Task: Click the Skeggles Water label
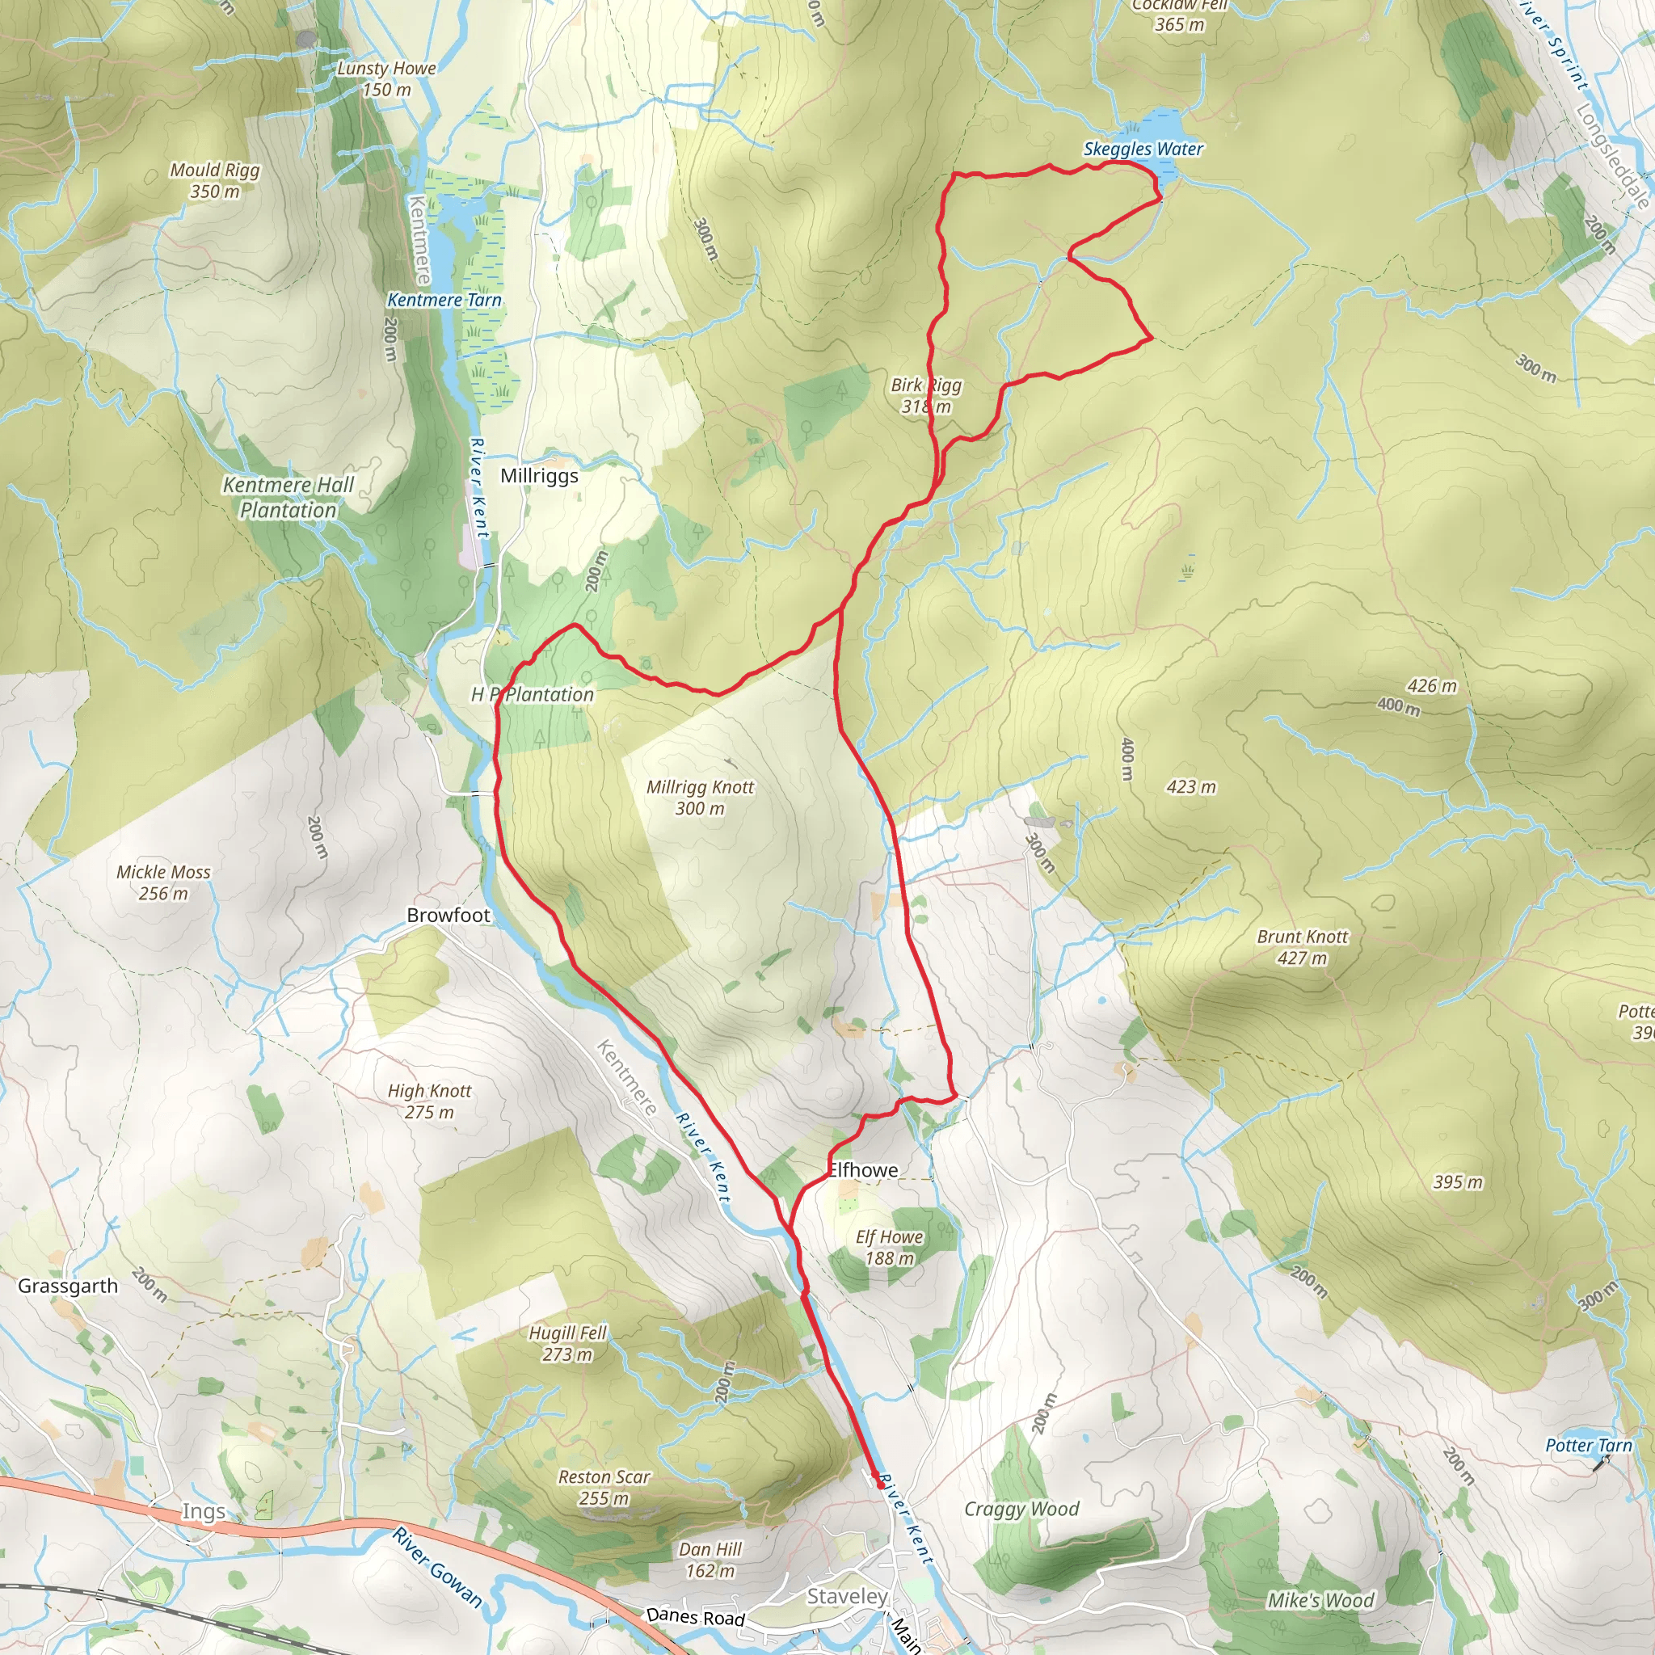pyautogui.click(x=1143, y=149)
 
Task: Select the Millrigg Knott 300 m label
pyautogui.click(x=700, y=798)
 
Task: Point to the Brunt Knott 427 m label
pyautogui.click(x=1302, y=947)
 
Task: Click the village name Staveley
pyautogui.click(x=846, y=1596)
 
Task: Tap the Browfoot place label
pyautogui.click(x=448, y=915)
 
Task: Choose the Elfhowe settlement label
pyautogui.click(x=862, y=1170)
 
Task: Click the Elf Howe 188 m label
pyautogui.click(x=889, y=1247)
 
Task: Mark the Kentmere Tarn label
pyautogui.click(x=444, y=300)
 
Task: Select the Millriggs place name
pyautogui.click(x=539, y=475)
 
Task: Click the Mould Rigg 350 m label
pyautogui.click(x=214, y=181)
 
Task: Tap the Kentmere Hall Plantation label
pyautogui.click(x=288, y=498)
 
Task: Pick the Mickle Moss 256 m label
pyautogui.click(x=162, y=882)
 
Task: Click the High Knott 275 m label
pyautogui.click(x=429, y=1101)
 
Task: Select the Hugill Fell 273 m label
pyautogui.click(x=567, y=1343)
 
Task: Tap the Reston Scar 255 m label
pyautogui.click(x=604, y=1487)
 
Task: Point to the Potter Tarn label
pyautogui.click(x=1588, y=1445)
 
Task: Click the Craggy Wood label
pyautogui.click(x=1021, y=1510)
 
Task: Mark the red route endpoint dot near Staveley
pyautogui.click(x=880, y=1484)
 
